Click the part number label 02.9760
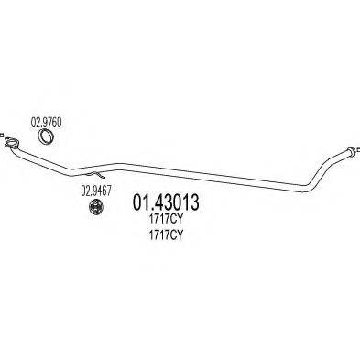[x=47, y=119]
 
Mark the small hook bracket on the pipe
[x=100, y=173]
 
